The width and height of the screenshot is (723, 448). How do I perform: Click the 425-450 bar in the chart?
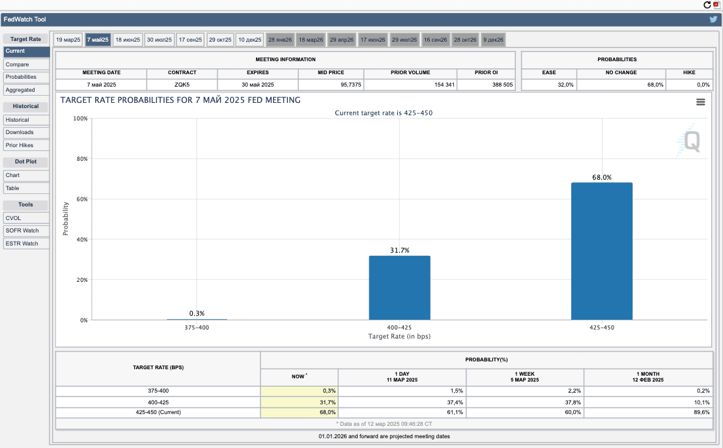point(602,251)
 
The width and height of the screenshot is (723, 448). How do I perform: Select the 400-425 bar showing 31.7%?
point(399,288)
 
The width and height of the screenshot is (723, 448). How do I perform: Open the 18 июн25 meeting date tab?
point(128,40)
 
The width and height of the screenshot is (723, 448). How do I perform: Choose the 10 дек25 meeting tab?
point(250,40)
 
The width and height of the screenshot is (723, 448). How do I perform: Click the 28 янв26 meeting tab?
point(280,40)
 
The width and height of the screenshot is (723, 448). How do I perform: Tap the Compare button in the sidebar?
point(26,64)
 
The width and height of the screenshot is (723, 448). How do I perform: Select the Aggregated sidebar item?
point(26,90)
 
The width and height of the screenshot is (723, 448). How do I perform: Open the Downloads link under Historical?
point(26,132)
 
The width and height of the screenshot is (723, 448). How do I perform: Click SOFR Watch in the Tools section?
point(26,231)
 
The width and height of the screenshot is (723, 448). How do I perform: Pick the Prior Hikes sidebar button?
point(26,145)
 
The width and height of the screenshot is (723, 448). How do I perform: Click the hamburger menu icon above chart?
point(700,102)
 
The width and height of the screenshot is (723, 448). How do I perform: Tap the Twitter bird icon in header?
point(713,20)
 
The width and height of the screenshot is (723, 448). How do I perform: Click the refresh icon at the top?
point(707,5)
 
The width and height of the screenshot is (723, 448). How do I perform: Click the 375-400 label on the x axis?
point(197,328)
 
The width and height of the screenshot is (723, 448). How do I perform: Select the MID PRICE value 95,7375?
point(351,85)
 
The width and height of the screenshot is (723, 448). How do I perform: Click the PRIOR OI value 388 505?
point(502,85)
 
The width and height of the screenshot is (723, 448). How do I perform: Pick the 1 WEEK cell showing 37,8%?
point(573,402)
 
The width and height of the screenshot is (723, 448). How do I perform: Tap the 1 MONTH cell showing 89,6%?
point(702,412)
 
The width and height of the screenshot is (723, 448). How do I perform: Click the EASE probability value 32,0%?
point(566,85)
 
